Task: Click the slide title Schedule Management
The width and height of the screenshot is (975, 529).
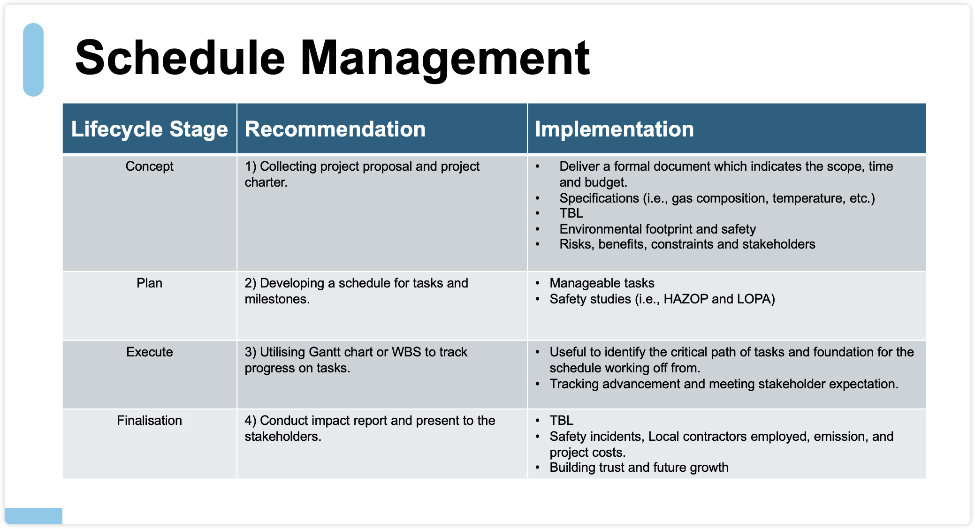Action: click(332, 58)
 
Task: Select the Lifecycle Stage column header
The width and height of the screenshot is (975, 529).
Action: click(149, 129)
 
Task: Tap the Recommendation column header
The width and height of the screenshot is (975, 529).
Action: click(335, 129)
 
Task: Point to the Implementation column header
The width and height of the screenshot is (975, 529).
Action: click(614, 129)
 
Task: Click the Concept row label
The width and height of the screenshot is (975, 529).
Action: click(149, 166)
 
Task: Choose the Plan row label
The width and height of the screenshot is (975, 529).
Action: click(149, 283)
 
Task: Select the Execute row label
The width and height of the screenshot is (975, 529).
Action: click(149, 352)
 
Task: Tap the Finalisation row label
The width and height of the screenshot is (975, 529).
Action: click(149, 420)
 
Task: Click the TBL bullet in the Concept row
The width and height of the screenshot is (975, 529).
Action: click(571, 213)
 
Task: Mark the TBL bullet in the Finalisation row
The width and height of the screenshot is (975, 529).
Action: click(561, 420)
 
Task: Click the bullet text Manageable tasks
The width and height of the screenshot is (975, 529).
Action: click(602, 283)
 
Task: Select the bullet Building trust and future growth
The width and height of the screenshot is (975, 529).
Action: click(639, 467)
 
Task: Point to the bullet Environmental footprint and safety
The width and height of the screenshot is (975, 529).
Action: click(657, 229)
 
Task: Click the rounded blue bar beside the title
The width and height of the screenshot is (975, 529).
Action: click(33, 60)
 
